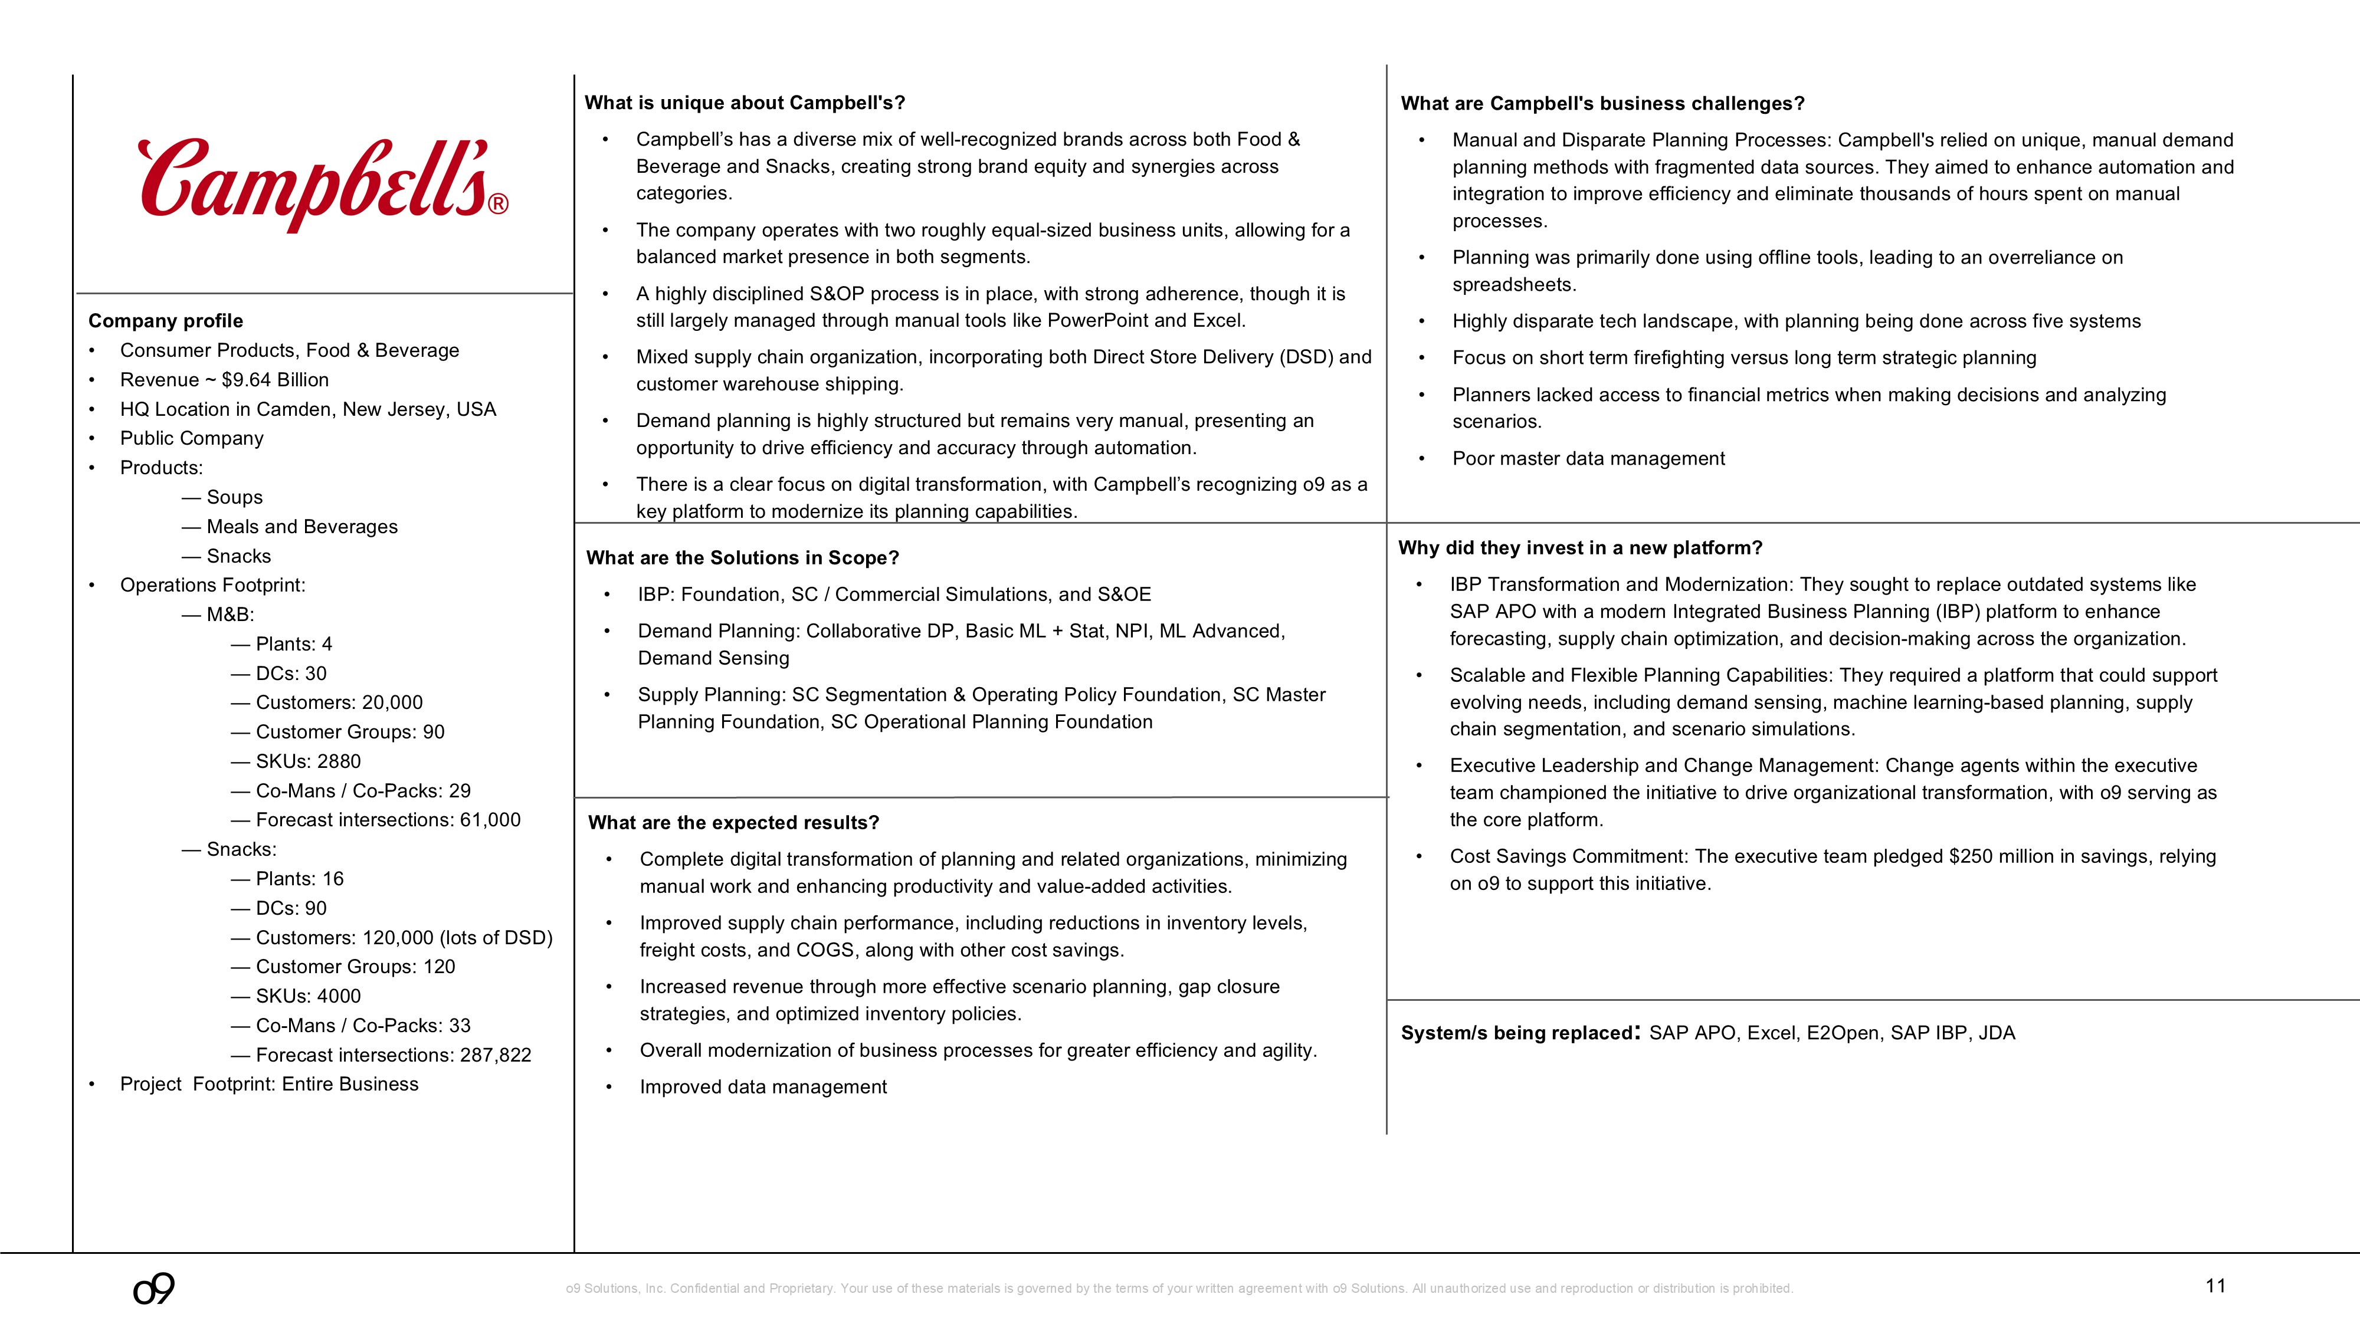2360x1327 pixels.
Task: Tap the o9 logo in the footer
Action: point(154,1289)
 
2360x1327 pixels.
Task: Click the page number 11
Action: point(2215,1286)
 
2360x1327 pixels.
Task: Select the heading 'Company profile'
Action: point(166,320)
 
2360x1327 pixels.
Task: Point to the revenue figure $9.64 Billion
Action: point(275,380)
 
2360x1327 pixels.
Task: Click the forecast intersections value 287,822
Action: point(496,1055)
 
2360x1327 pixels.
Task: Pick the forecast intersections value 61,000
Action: point(490,820)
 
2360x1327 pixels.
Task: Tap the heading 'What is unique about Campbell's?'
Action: point(745,103)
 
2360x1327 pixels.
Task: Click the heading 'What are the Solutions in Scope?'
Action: point(742,558)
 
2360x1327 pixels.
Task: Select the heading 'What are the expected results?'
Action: point(733,822)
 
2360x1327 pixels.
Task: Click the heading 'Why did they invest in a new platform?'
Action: point(1579,548)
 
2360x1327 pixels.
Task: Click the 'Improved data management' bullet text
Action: point(763,1087)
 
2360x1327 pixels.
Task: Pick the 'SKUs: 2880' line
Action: point(308,761)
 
